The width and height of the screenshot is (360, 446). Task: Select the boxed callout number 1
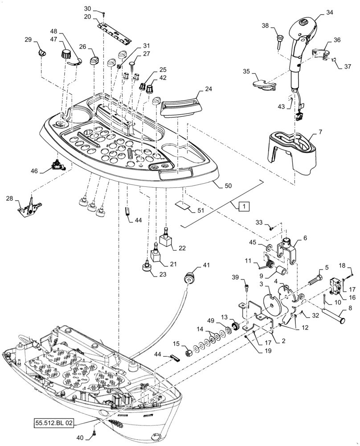[244, 206]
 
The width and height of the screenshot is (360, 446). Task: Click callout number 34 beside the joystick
[329, 13]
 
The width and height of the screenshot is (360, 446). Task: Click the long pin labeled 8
[334, 318]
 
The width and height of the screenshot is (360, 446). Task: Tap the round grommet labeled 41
[190, 277]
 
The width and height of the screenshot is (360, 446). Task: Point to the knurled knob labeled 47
[67, 55]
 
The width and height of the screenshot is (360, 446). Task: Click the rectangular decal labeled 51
[181, 205]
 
